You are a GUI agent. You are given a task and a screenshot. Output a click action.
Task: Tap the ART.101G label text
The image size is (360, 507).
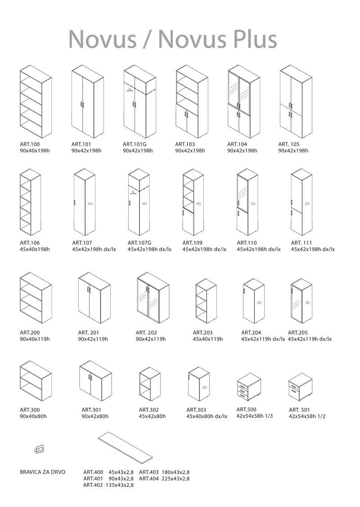point(135,144)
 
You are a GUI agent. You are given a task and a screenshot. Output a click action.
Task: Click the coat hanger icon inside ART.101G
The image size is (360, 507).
point(130,90)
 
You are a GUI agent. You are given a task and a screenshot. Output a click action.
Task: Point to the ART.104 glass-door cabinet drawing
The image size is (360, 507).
point(243,102)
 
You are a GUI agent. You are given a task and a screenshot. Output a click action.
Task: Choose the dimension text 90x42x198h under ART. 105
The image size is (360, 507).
point(293,151)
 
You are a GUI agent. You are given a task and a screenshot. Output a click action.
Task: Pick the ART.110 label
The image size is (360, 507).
point(247,243)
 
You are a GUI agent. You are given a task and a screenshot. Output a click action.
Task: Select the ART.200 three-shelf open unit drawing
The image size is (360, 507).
point(36,297)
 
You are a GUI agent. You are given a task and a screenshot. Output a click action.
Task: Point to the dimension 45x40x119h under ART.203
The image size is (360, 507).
point(207,339)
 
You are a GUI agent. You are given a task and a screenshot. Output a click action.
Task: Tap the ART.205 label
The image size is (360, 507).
point(298,333)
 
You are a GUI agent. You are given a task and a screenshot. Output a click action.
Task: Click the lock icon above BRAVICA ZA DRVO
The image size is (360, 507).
point(40,449)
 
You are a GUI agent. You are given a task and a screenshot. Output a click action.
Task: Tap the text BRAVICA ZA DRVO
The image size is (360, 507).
point(42,472)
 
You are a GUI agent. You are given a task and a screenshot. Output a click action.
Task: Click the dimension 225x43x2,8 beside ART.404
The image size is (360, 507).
point(175,479)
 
